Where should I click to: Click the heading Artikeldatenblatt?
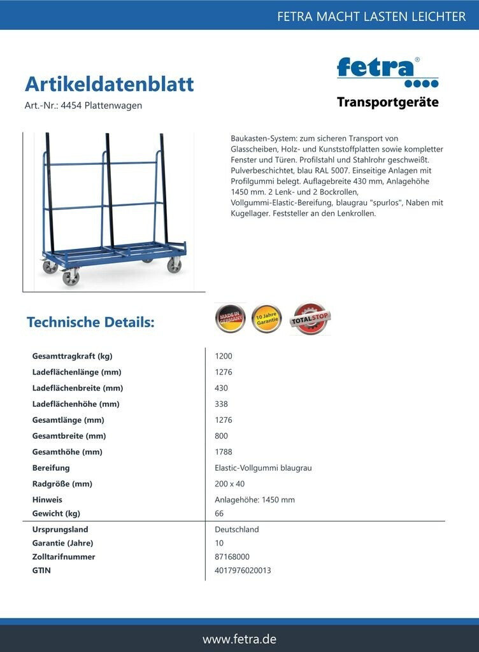click(109, 84)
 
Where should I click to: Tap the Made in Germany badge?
click(231, 318)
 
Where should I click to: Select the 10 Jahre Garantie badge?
click(267, 318)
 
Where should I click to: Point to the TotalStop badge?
click(310, 318)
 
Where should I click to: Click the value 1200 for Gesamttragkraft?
click(224, 356)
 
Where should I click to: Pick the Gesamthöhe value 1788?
click(224, 452)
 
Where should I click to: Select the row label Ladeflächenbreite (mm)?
click(77, 388)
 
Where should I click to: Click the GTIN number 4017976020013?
click(243, 570)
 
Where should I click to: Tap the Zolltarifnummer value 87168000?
click(232, 556)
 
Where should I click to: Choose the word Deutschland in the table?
click(237, 529)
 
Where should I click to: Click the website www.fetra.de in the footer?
click(240, 639)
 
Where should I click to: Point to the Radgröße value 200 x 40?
click(229, 484)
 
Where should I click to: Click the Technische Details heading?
click(90, 322)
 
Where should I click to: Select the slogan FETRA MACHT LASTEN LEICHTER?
click(371, 17)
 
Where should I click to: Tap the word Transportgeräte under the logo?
click(387, 103)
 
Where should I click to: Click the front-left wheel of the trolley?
click(70, 278)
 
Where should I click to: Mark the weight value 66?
click(220, 513)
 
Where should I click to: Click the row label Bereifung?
click(51, 468)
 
